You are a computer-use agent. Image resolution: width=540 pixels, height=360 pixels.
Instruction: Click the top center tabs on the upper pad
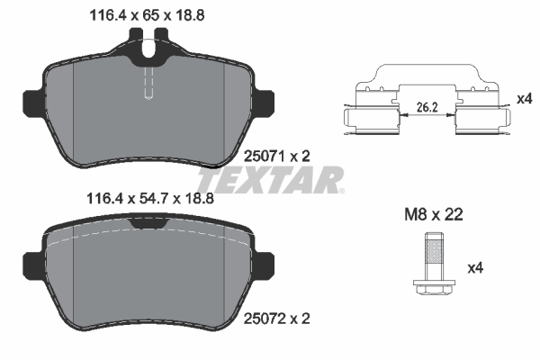149,43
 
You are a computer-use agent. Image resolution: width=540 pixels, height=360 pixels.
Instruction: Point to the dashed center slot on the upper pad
149,85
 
